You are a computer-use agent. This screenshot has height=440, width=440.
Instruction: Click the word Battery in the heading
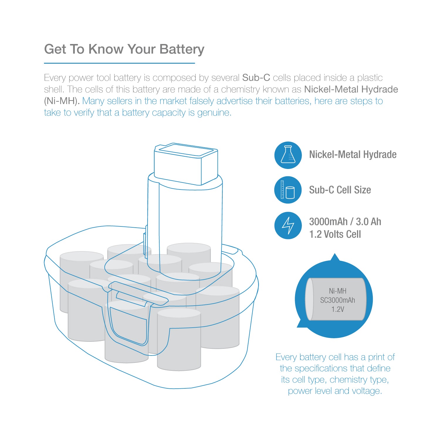pyautogui.click(x=182, y=49)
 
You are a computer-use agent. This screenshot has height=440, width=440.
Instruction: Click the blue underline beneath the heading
pyautogui.click(x=119, y=63)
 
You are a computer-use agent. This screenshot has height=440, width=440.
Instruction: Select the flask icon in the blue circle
pyautogui.click(x=288, y=155)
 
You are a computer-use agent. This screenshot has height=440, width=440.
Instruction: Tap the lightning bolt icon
pyautogui.click(x=288, y=225)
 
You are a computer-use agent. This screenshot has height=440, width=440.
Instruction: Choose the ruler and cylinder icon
pyautogui.click(x=288, y=190)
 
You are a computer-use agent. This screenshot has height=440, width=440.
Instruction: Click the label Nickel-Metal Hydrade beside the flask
pyautogui.click(x=353, y=155)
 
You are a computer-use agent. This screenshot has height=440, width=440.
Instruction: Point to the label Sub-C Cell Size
pyautogui.click(x=340, y=190)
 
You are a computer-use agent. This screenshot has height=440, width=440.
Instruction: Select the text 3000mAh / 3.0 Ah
pyautogui.click(x=345, y=221)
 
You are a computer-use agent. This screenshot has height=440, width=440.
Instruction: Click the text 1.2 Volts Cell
pyautogui.click(x=335, y=234)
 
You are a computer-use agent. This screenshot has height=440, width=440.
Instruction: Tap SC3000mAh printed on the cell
pyautogui.click(x=338, y=300)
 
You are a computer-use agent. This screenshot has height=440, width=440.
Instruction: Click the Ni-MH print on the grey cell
pyautogui.click(x=338, y=291)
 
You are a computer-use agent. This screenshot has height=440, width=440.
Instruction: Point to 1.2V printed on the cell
pyautogui.click(x=338, y=309)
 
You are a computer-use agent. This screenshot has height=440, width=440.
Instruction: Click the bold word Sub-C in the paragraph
pyautogui.click(x=256, y=78)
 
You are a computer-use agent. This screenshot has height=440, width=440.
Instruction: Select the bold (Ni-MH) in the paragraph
pyautogui.click(x=62, y=101)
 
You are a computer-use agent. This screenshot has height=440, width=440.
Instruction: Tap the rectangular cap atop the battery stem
pyautogui.click(x=186, y=164)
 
